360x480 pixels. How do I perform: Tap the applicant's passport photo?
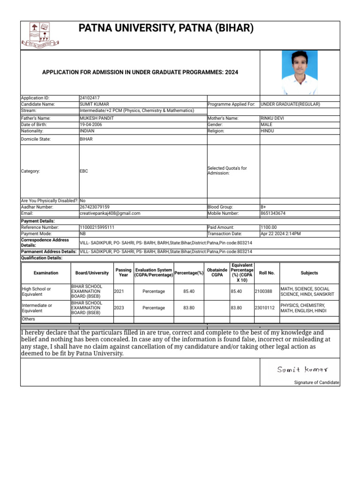pos(300,73)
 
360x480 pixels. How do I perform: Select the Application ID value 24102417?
pos(90,98)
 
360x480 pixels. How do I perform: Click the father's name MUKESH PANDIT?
pos(97,119)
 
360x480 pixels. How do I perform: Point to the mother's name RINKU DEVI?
pos(272,119)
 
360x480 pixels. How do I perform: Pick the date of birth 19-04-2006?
pos(92,125)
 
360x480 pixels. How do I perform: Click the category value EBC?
pos(84,171)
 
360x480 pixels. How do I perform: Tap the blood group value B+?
pos(263,207)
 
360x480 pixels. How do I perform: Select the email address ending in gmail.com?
pos(110,213)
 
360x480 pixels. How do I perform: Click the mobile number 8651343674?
pos(273,213)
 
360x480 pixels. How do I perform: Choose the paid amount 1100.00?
pos(269,227)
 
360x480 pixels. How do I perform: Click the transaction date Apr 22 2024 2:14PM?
pos(281,233)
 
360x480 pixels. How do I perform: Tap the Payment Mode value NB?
pos(83,233)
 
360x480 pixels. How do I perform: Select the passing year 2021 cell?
pos(119,292)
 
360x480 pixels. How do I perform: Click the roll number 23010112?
pos(264,308)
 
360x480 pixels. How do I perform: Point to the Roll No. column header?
pos(267,273)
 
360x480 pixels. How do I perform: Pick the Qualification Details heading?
pos(42,258)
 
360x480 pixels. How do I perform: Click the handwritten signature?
pos(302,370)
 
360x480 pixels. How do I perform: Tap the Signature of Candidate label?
pos(316,382)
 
